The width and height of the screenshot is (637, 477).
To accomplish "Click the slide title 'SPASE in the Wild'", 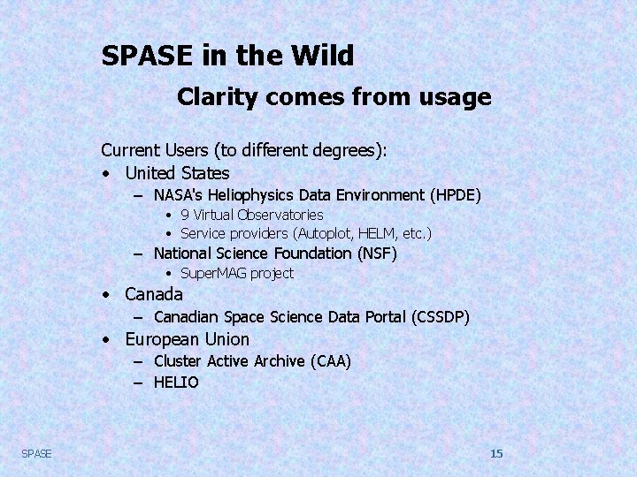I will click(227, 56).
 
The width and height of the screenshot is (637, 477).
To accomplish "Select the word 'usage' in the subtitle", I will click(457, 96).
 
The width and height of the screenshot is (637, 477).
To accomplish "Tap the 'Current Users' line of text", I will click(243, 150).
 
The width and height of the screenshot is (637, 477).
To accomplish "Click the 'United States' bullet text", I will click(177, 173).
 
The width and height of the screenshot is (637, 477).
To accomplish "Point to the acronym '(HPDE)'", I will click(455, 195).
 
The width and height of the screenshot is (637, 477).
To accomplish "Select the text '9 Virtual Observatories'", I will click(251, 215).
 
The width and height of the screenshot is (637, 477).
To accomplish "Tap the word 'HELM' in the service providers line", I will click(377, 234).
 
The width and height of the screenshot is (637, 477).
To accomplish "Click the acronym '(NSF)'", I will click(377, 254).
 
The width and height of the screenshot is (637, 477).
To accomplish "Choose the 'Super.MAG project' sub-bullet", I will click(236, 274).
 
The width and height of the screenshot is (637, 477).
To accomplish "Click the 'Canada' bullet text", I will click(154, 294).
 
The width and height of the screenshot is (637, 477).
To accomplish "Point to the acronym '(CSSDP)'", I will click(441, 317).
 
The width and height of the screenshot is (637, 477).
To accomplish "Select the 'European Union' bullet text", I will click(187, 339).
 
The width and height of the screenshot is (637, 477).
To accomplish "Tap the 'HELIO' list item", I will click(176, 382).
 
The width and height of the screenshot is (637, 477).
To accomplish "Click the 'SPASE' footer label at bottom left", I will click(36, 453).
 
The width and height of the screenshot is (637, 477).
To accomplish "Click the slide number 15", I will click(496, 453).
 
